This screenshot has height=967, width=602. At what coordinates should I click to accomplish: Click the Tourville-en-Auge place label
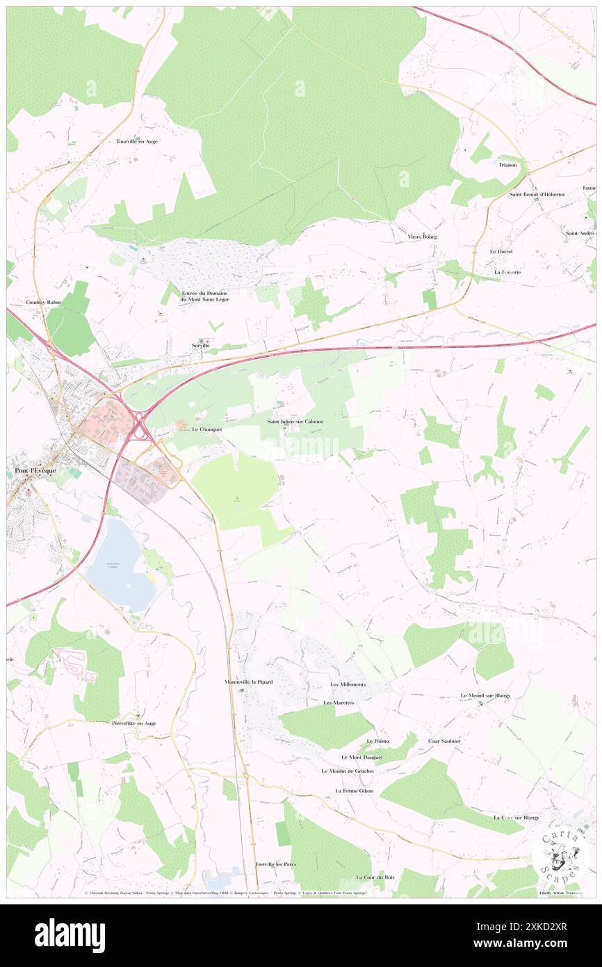(x=137, y=141)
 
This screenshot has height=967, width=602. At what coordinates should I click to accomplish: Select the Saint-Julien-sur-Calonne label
(x=295, y=422)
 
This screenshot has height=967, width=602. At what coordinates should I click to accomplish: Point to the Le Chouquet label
(x=206, y=429)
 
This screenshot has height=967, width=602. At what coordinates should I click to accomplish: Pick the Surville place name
(x=201, y=345)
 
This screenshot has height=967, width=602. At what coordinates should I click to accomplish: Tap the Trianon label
(x=507, y=165)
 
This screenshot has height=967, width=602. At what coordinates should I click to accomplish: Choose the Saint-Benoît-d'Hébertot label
(x=537, y=194)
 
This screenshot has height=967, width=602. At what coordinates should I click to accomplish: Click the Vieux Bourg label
(x=422, y=237)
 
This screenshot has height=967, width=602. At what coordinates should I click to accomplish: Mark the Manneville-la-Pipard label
(x=248, y=682)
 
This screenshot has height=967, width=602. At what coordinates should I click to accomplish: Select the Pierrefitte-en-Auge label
(x=134, y=723)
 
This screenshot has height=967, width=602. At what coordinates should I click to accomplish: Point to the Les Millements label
(x=348, y=685)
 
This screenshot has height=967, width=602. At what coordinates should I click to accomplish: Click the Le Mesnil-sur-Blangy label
(x=485, y=696)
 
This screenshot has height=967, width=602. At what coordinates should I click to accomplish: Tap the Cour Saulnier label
(x=444, y=741)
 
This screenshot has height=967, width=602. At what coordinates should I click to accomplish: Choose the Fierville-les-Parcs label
(x=275, y=864)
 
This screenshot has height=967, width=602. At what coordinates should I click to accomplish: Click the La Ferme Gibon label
(x=354, y=791)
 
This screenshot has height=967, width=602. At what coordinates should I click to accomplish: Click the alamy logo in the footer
(x=70, y=935)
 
